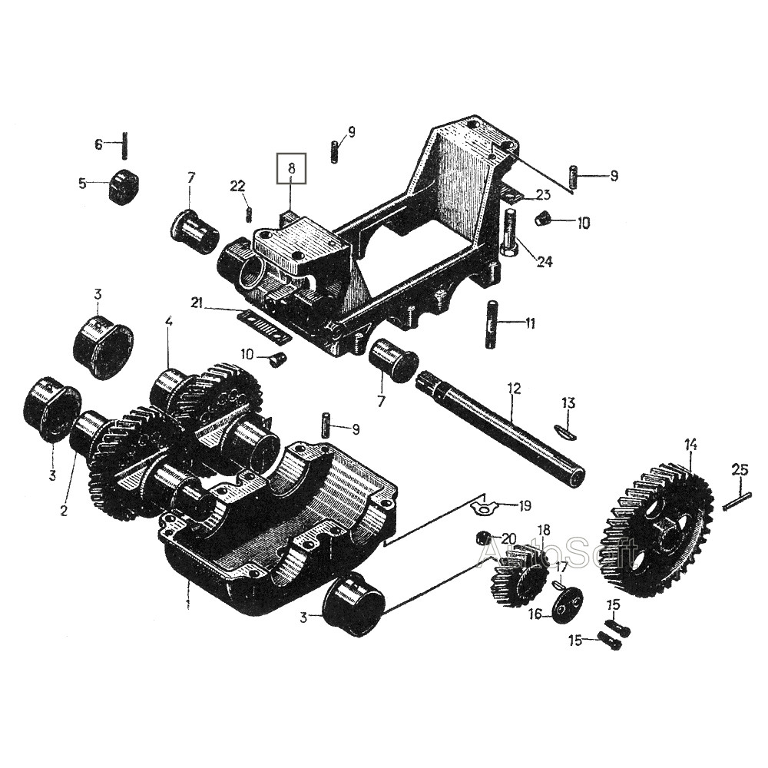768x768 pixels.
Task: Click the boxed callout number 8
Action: tap(291, 168)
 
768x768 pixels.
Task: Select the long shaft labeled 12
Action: tap(500, 425)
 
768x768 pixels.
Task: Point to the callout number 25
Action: tap(740, 471)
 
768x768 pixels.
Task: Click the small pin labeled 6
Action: tap(125, 145)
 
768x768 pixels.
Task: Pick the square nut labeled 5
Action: tap(122, 186)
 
